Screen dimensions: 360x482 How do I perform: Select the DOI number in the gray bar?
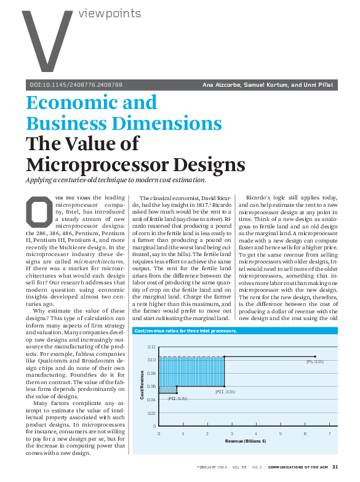click(x=76, y=84)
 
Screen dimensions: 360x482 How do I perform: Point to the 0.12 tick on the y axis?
click(x=151, y=347)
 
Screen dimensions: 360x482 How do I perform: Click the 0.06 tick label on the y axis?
click(x=151, y=387)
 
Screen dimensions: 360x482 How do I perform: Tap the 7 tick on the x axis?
click(x=329, y=433)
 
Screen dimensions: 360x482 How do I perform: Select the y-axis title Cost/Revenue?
click(x=142, y=387)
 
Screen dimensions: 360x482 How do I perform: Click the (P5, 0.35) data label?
click(x=315, y=362)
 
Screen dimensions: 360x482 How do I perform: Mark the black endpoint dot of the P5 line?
click(x=315, y=356)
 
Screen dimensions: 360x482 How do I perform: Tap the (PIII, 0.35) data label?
click(x=225, y=392)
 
